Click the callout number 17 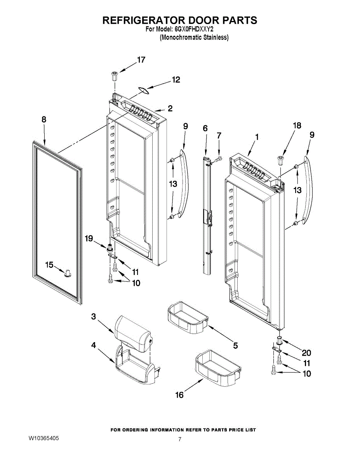click(x=141, y=60)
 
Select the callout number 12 click(x=176, y=80)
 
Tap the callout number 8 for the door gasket click(x=43, y=120)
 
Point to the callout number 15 click(x=49, y=265)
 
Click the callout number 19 click(x=89, y=238)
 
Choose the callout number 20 click(x=306, y=353)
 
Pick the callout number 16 click(x=179, y=395)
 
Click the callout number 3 click(x=94, y=316)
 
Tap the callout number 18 click(x=297, y=125)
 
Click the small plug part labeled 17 click(x=115, y=75)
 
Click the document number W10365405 click(x=44, y=438)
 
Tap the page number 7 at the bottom click(x=180, y=439)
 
